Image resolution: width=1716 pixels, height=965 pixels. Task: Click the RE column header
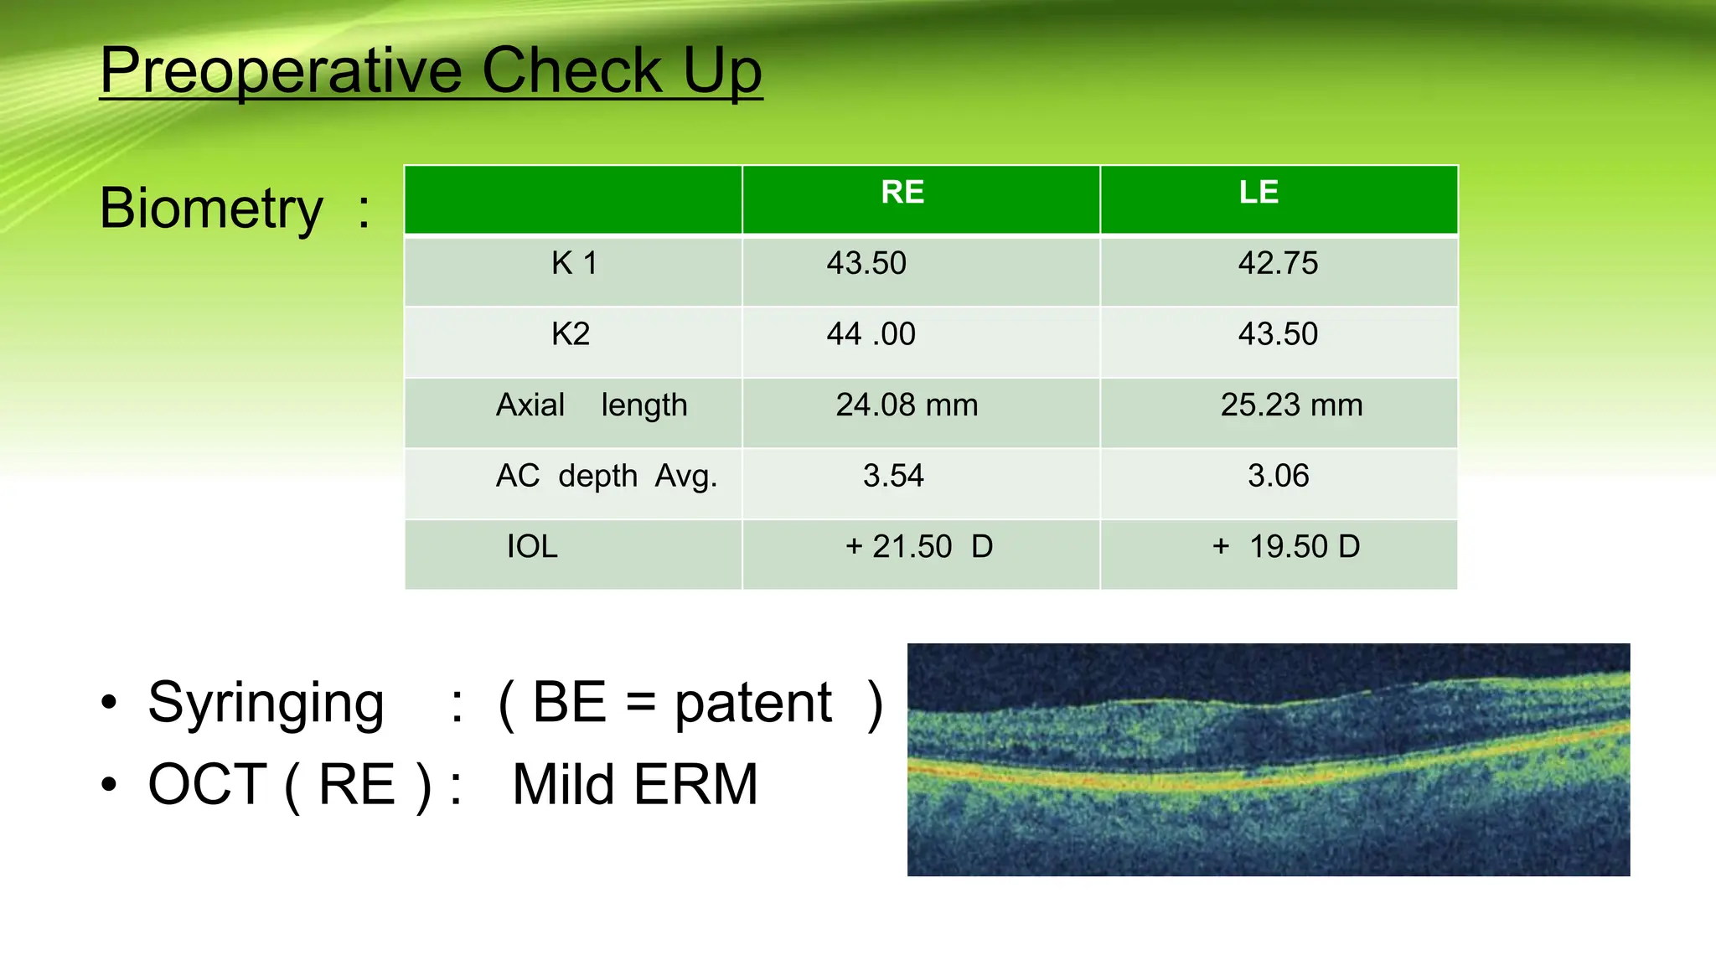tap(902, 193)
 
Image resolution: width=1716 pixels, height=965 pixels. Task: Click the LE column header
tap(1259, 193)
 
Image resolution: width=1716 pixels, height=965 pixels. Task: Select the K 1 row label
tap(574, 264)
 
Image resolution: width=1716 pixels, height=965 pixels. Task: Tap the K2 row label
tap(571, 334)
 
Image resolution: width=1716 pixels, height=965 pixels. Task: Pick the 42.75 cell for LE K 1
tap(1278, 264)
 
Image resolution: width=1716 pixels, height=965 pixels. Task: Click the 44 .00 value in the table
tap(871, 334)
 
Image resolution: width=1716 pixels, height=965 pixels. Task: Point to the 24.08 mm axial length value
tap(907, 405)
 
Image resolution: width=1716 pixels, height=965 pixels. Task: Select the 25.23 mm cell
tap(1291, 405)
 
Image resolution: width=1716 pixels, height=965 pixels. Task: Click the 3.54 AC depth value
tap(893, 476)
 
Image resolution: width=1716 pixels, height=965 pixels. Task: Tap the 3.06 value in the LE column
tap(1278, 476)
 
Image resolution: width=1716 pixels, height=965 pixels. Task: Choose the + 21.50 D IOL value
tap(918, 547)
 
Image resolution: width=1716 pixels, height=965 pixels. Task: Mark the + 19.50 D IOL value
tap(1286, 547)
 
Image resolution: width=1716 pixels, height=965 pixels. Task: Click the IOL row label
tap(532, 547)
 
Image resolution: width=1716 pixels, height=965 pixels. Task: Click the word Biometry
tap(211, 208)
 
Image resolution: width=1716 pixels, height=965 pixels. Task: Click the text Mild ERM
tap(634, 785)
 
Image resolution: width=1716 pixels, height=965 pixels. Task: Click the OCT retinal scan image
tap(1269, 760)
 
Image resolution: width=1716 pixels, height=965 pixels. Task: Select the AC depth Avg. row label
tap(607, 476)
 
